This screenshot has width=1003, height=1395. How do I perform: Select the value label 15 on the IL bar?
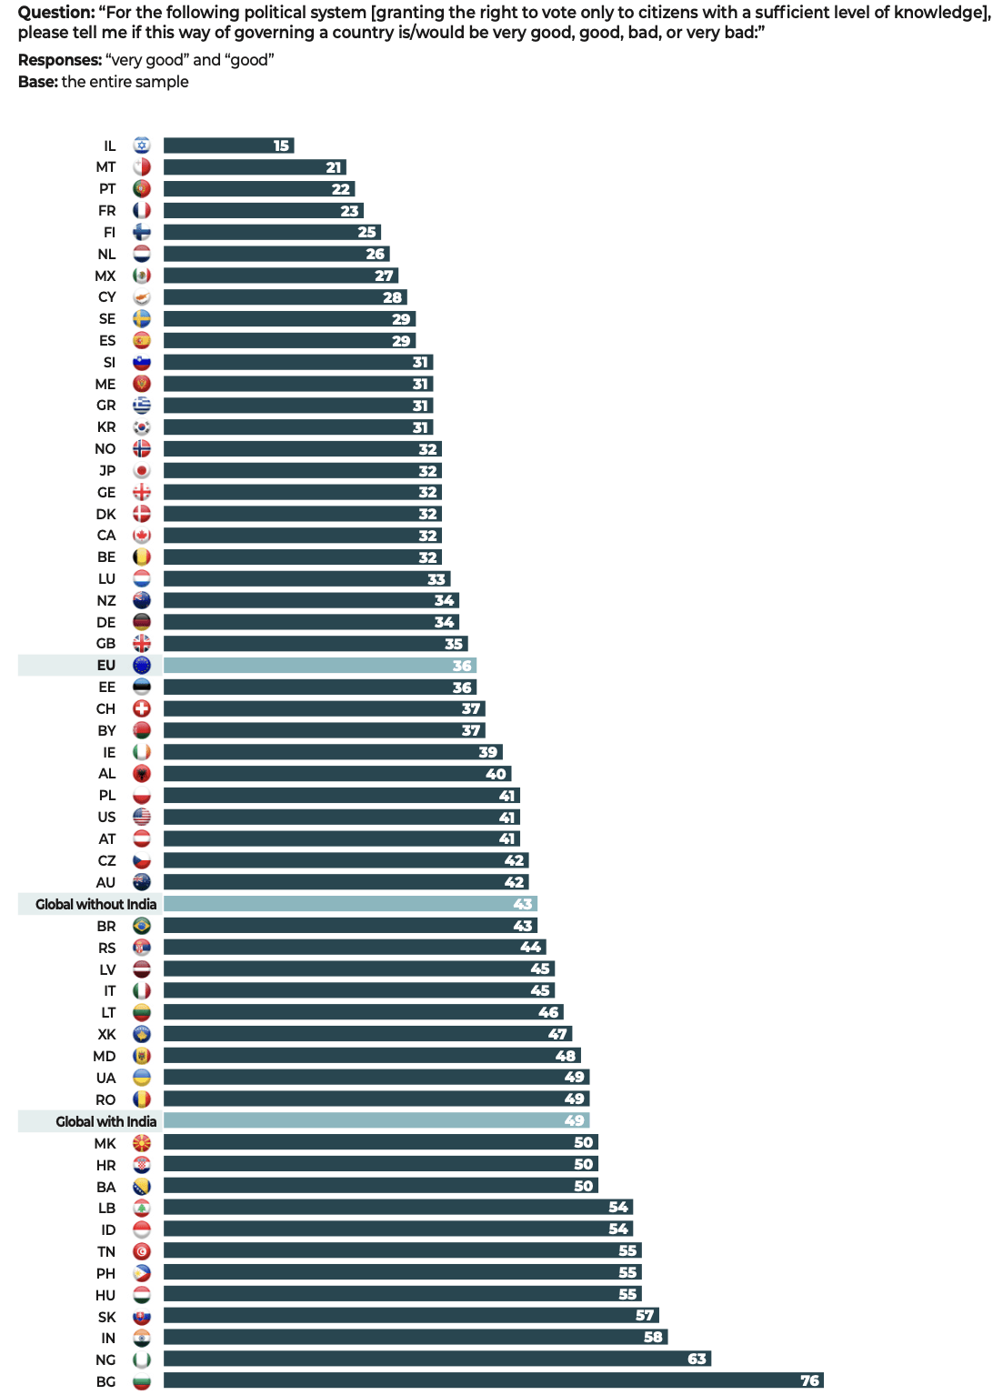(282, 146)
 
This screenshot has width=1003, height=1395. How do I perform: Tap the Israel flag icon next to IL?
(142, 146)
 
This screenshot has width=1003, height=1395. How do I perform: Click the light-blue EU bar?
(319, 666)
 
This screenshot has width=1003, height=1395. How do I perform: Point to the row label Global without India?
(95, 904)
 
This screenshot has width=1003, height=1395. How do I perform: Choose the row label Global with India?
(105, 1121)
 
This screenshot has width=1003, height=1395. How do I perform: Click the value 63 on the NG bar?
(697, 1359)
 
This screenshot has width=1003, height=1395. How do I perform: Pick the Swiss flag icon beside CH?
(142, 708)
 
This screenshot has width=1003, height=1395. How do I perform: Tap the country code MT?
(106, 167)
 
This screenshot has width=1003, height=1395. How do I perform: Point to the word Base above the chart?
(36, 82)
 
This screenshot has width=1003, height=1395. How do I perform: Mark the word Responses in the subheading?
(58, 60)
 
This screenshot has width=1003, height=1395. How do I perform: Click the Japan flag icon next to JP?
(142, 470)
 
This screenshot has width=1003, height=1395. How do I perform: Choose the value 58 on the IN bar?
(653, 1337)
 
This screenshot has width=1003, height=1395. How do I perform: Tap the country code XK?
(107, 1034)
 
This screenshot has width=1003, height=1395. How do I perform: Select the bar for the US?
(341, 818)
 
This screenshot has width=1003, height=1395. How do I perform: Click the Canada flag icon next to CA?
(142, 536)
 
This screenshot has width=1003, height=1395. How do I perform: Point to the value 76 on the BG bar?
(809, 1380)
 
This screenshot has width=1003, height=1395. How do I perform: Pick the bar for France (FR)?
(263, 211)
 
